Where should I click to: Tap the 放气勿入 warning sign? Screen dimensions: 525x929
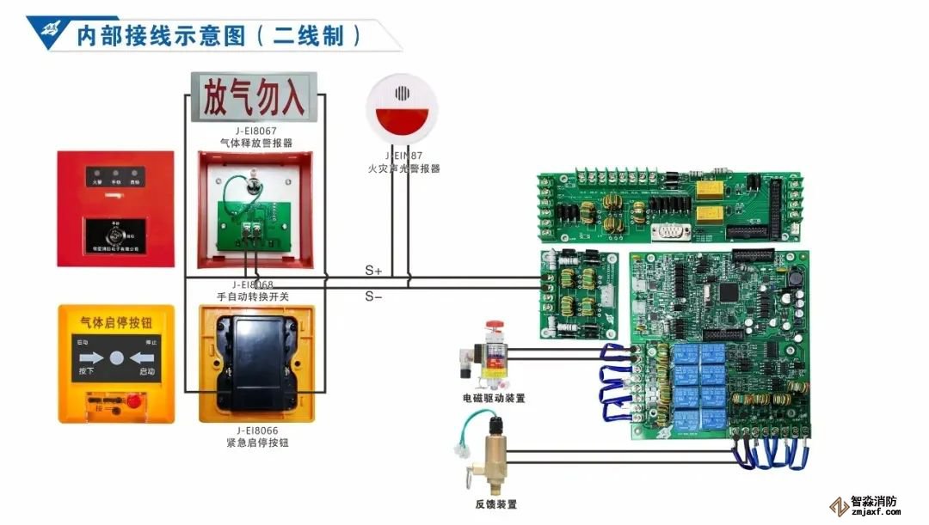click(254, 98)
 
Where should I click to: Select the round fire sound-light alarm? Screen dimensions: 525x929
click(403, 109)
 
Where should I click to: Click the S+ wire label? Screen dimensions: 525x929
click(372, 271)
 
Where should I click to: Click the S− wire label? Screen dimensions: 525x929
click(372, 296)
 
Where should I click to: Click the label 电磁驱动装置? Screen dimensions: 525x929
click(493, 399)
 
